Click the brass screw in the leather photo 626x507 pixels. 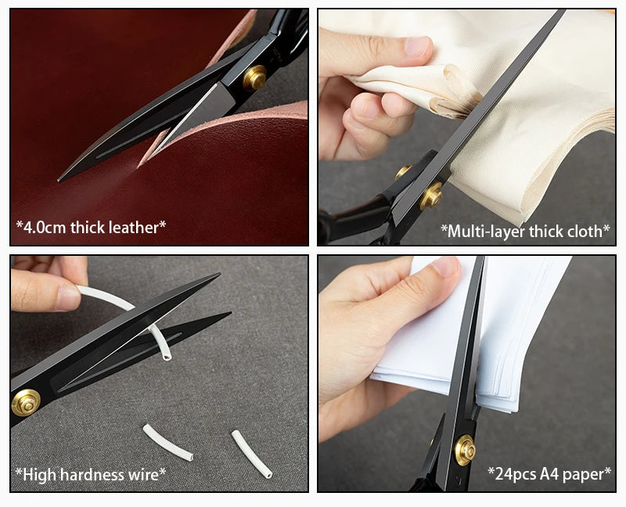tap(254, 77)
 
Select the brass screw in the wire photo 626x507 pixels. tap(27, 402)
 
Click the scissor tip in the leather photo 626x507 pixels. tap(59, 179)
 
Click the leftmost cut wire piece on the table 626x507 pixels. tap(167, 442)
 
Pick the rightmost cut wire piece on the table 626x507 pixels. tap(252, 454)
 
